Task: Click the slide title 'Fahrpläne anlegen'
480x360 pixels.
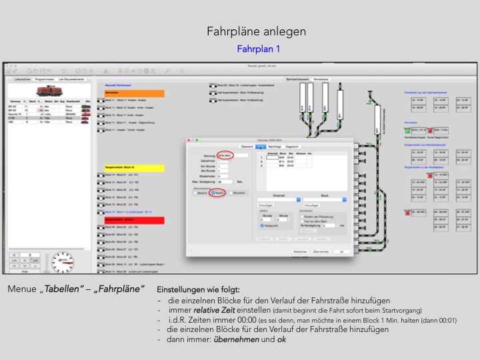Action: (x=257, y=31)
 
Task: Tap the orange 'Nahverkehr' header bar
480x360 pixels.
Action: (x=134, y=93)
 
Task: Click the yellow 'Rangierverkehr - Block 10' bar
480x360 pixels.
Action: (x=134, y=167)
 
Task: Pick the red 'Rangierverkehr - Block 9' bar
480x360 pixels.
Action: (x=134, y=219)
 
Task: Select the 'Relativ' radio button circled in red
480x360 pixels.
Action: (x=217, y=192)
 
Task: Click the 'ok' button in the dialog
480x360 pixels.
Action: (x=340, y=252)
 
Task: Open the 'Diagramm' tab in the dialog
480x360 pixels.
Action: (x=293, y=145)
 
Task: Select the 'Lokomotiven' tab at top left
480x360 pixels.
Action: (x=24, y=79)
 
